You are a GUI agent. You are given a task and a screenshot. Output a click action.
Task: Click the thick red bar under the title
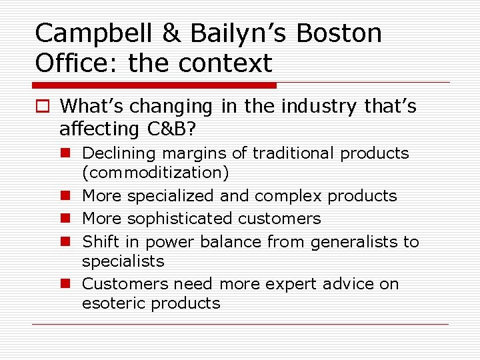pyautogui.click(x=154, y=85)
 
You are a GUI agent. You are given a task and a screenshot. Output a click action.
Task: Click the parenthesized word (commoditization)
pyautogui.click(x=155, y=173)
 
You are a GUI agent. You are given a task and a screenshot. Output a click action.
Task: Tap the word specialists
pyautogui.click(x=123, y=261)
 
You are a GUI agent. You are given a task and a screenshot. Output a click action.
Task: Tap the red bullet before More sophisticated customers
pyautogui.click(x=68, y=219)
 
